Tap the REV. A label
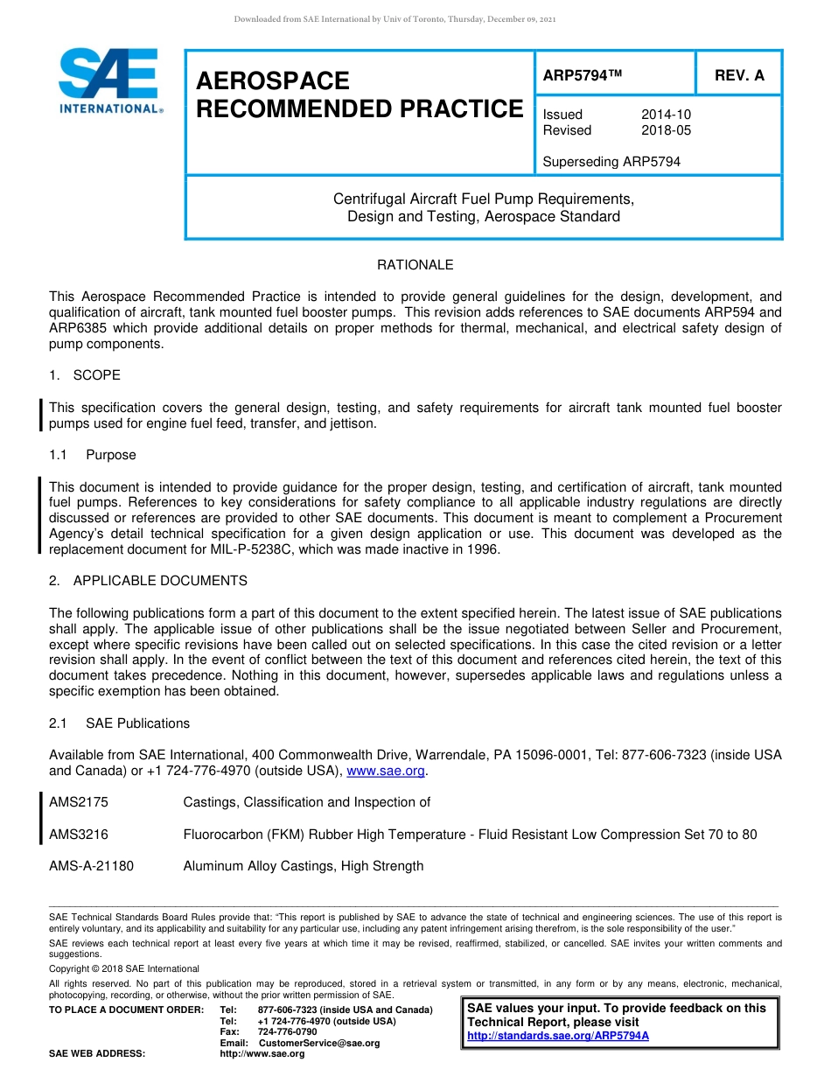click(x=739, y=75)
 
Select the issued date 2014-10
click(x=666, y=115)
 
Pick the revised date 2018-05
click(x=666, y=130)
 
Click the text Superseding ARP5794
click(x=611, y=162)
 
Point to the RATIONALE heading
click(x=415, y=265)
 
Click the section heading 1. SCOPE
click(x=85, y=375)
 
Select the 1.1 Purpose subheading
click(x=93, y=455)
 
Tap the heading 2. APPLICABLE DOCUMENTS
click(x=148, y=581)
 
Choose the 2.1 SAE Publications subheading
click(x=119, y=723)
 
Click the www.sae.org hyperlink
click(x=386, y=771)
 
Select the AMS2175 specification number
click(x=79, y=802)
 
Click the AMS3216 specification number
click(x=79, y=835)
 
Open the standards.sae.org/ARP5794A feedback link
click(x=558, y=1036)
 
